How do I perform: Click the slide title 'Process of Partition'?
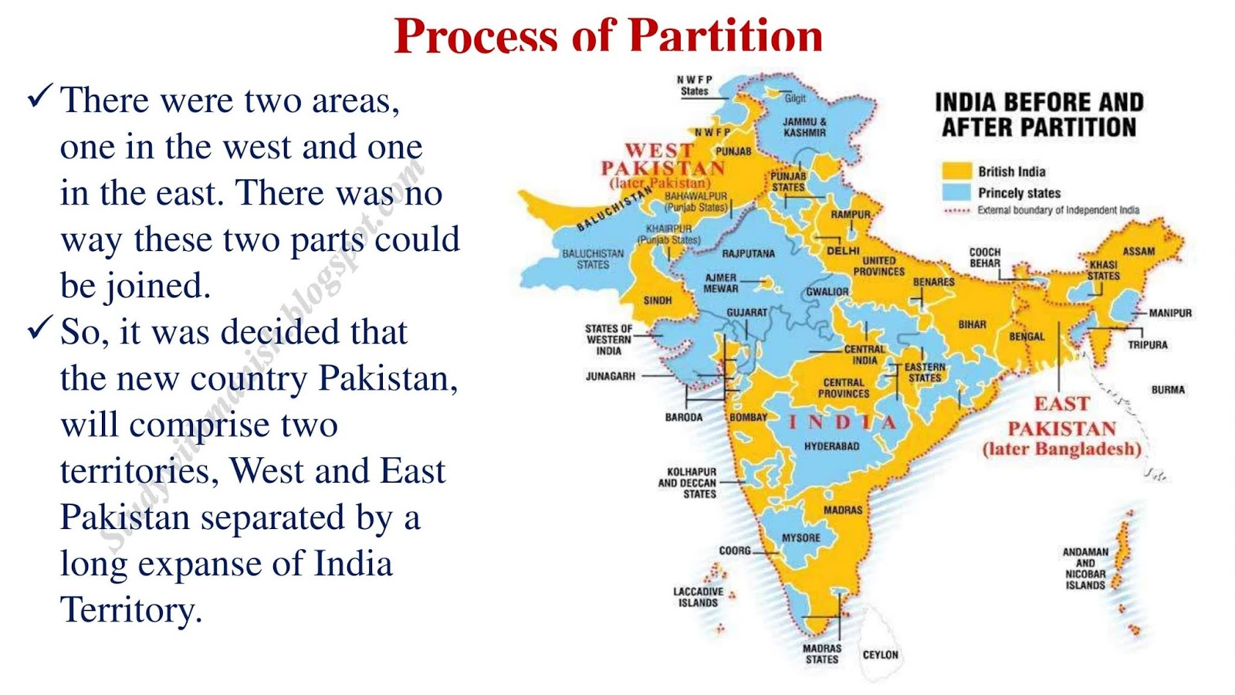click(608, 36)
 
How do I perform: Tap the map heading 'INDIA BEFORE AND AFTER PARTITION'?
click(1039, 114)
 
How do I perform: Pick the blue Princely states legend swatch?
click(956, 192)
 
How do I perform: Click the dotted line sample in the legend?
click(956, 210)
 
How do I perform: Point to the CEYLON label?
click(880, 655)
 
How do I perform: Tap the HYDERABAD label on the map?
click(831, 446)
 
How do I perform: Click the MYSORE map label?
click(800, 537)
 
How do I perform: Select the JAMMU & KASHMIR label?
click(804, 127)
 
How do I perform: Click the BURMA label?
click(1167, 390)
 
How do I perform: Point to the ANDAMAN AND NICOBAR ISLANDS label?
click(1085, 568)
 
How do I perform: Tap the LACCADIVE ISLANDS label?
click(698, 597)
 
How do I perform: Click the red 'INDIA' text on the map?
click(842, 422)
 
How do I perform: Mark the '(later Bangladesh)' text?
click(1061, 449)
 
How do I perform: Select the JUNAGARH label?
click(610, 376)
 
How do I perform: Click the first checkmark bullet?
click(39, 97)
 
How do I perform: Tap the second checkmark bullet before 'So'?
click(39, 328)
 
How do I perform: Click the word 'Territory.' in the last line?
click(131, 610)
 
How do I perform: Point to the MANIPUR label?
click(1169, 313)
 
